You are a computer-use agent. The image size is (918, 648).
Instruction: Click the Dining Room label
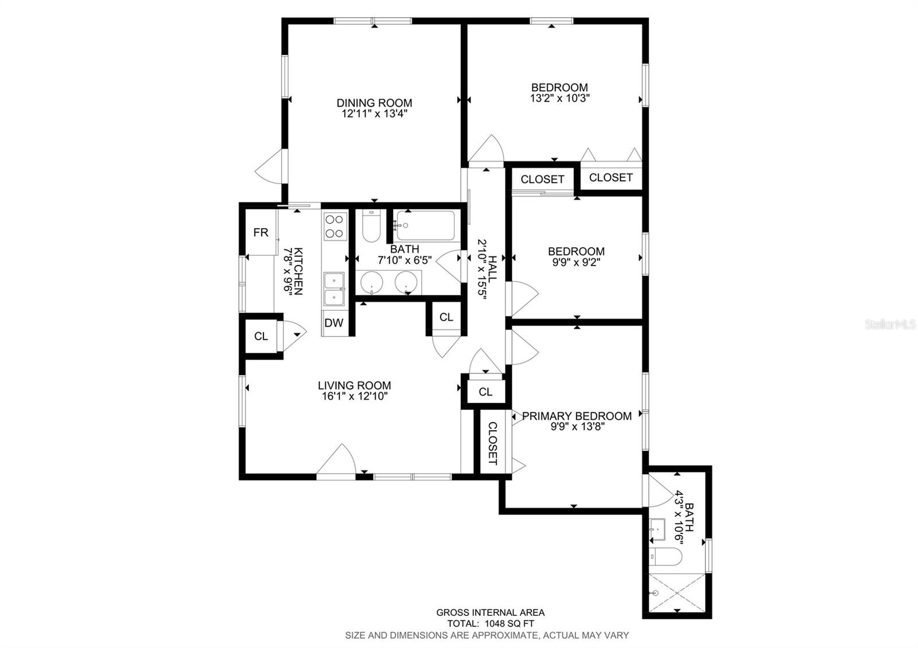[374, 103]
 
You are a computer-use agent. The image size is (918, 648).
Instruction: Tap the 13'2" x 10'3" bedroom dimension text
[560, 98]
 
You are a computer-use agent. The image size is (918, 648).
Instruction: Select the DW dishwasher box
[334, 323]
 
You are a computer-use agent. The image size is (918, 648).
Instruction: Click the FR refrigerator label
[261, 232]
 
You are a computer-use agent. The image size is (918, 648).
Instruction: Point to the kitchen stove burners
[334, 226]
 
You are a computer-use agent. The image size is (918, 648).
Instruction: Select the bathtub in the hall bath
[426, 226]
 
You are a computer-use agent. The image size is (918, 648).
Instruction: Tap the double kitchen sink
[333, 288]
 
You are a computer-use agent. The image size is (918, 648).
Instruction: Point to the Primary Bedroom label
[577, 416]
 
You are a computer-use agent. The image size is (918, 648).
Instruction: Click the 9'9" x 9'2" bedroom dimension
[576, 262]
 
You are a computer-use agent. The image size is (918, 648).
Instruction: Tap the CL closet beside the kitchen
[261, 336]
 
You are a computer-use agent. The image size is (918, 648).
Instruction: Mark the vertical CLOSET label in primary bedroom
[492, 443]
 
